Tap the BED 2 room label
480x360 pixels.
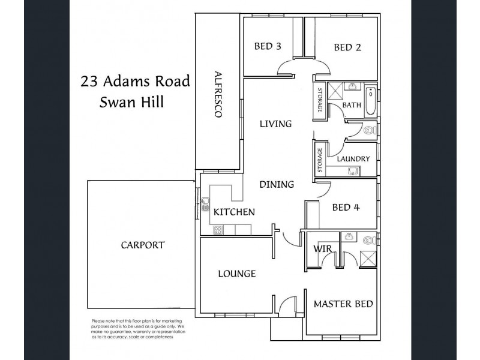pos(347,47)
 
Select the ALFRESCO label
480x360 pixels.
pos(218,94)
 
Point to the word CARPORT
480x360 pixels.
pos(142,245)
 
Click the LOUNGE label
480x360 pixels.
pos(236,274)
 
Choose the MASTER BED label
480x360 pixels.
pos(343,304)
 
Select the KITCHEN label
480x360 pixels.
pos(235,212)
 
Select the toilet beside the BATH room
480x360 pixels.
pos(369,130)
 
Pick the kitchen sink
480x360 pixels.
pos(205,203)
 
